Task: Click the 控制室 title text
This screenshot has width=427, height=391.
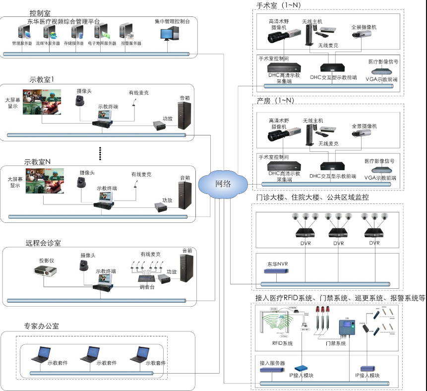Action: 40,12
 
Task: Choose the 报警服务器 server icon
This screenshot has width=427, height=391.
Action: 126,33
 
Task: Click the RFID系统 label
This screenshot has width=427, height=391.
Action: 282,343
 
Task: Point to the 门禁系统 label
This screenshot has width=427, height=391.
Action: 336,343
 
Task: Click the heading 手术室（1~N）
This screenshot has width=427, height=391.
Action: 278,5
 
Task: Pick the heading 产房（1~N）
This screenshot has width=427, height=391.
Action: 275,100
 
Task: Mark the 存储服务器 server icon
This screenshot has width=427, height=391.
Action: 77,33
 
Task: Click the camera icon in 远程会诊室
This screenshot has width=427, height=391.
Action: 84,266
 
